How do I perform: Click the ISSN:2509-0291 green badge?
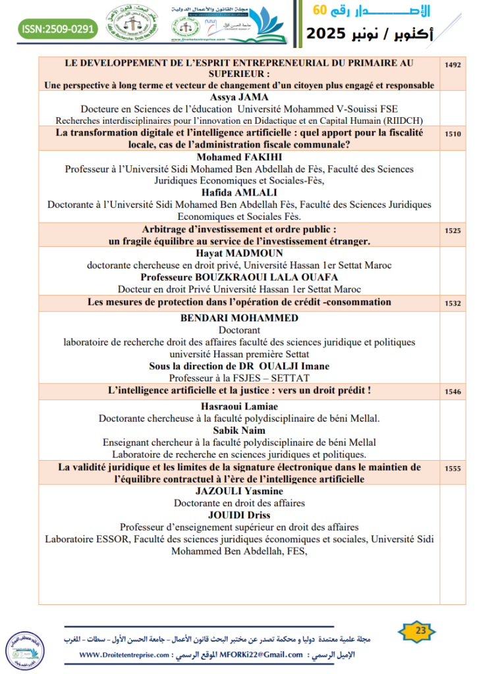click(x=59, y=29)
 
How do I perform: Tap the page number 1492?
click(x=453, y=66)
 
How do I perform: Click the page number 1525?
click(x=453, y=232)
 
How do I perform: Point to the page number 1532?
click(x=453, y=304)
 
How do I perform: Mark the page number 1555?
click(x=453, y=469)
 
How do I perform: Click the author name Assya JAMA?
click(x=239, y=97)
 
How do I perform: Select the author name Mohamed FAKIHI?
click(x=239, y=157)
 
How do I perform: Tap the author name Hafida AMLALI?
click(x=239, y=193)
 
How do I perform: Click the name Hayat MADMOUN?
click(x=239, y=253)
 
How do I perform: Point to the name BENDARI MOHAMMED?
click(x=239, y=318)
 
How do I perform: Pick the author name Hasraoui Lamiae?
click(x=239, y=406)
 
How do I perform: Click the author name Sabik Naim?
click(x=239, y=430)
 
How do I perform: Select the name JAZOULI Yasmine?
click(x=239, y=491)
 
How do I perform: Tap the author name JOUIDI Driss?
click(x=239, y=515)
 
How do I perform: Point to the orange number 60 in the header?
click(x=320, y=11)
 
